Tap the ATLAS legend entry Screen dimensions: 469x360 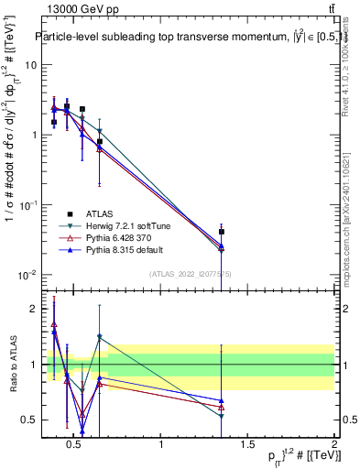tap(100, 213)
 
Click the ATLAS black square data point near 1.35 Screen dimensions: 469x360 tap(222, 232)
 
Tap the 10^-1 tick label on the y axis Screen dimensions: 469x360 tap(27, 205)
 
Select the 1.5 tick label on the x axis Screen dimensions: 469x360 tap(247, 446)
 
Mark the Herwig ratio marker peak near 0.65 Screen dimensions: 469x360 tap(100, 337)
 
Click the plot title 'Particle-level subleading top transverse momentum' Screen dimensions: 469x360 tap(183, 38)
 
